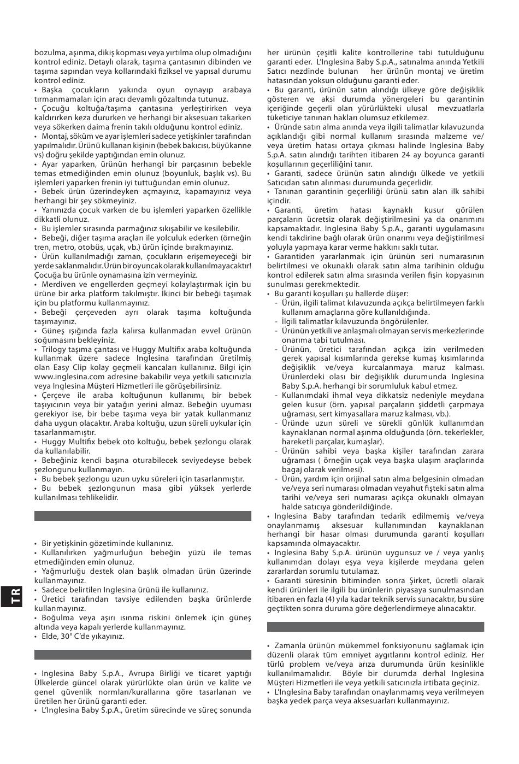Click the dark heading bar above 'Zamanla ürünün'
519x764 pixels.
[375, 626]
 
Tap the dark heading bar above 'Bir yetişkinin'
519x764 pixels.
[143, 516]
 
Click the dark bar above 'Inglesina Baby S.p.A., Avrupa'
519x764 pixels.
[143, 654]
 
